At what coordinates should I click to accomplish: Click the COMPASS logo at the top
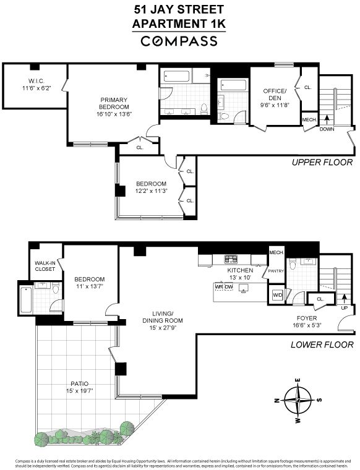(179, 41)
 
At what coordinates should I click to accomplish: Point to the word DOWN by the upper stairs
(327, 129)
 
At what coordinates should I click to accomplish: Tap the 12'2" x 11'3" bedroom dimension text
(151, 191)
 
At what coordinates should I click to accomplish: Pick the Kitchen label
(240, 271)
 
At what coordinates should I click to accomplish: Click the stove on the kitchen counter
(231, 258)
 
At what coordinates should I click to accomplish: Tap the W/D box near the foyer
(277, 296)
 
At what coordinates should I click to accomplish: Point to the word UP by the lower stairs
(345, 307)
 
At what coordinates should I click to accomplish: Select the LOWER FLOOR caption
(322, 344)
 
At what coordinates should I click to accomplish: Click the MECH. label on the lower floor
(276, 252)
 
